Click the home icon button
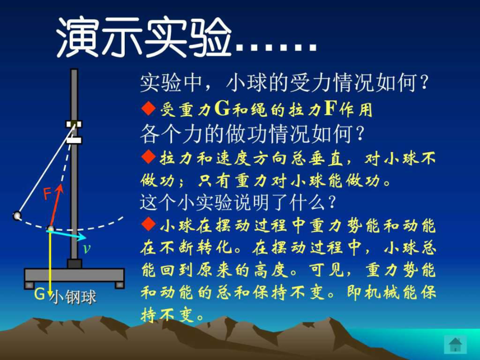tap(455, 344)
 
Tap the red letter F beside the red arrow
tap(47, 194)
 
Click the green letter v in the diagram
tap(87, 249)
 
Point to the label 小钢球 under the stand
tap(73, 297)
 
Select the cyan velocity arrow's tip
tap(86, 237)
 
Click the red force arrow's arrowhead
tap(60, 187)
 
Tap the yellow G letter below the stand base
tap(40, 294)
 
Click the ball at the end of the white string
tap(17, 216)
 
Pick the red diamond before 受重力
tap(149, 109)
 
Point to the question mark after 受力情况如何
tap(424, 82)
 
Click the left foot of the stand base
tap(29, 285)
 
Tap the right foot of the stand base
tap(119, 285)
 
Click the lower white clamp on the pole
tap(74, 140)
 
